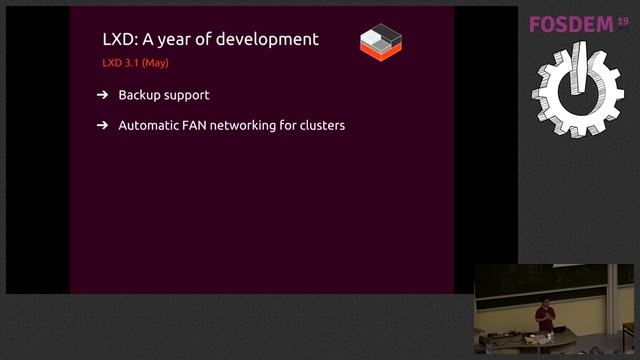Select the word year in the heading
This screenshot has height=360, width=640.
point(194,40)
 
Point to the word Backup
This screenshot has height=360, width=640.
point(139,96)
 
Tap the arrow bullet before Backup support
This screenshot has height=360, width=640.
point(103,96)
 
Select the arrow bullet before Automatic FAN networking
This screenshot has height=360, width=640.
point(103,126)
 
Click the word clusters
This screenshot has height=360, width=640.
point(321,126)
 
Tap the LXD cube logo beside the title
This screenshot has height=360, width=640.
point(381,41)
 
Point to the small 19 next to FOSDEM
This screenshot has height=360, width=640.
point(624,20)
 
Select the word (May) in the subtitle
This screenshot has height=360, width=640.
point(155,63)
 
